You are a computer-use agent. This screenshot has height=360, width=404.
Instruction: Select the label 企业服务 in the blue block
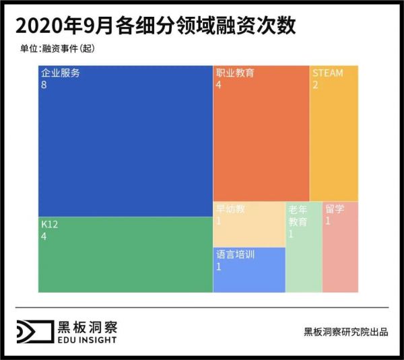(x=60, y=73)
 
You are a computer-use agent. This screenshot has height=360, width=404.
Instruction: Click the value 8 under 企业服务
(x=44, y=85)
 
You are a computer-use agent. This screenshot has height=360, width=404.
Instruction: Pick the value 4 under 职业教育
(x=219, y=85)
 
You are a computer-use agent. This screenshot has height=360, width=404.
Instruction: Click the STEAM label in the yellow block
(x=327, y=73)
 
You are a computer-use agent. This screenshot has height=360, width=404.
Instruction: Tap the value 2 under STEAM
(x=315, y=85)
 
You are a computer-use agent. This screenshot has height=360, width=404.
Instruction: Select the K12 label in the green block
(x=49, y=225)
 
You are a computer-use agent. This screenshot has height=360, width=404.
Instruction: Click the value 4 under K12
(x=44, y=237)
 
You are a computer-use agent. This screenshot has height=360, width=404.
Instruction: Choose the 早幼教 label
(x=230, y=209)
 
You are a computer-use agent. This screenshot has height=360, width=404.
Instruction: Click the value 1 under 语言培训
(x=219, y=267)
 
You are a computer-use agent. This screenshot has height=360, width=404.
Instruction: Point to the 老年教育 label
(x=298, y=215)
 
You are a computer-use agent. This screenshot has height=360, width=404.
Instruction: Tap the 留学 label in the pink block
(x=335, y=209)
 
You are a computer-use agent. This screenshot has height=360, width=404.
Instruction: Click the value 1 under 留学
(x=327, y=221)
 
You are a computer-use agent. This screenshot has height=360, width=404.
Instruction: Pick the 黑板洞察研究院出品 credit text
(x=345, y=332)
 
